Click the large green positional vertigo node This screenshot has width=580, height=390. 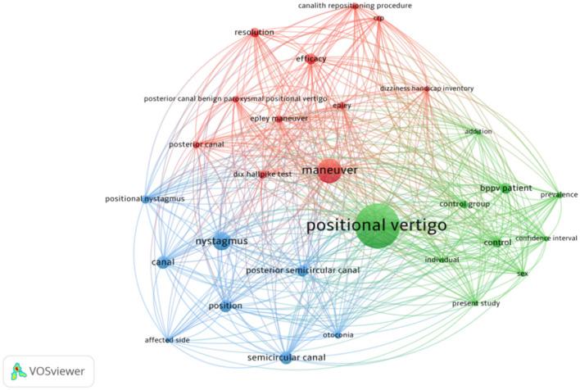[x=378, y=226]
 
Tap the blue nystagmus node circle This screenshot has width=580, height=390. [x=222, y=242]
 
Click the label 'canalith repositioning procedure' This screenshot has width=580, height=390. [x=355, y=7]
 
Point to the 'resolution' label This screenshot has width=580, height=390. [x=254, y=33]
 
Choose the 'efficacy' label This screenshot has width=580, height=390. [x=311, y=59]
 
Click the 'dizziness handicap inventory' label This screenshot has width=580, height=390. [x=426, y=88]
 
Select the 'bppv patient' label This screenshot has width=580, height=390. [x=505, y=188]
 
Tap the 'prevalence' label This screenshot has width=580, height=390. [x=559, y=195]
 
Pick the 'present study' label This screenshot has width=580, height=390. [x=476, y=303]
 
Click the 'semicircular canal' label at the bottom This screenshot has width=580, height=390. [x=286, y=358]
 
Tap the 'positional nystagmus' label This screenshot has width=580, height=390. [x=145, y=198]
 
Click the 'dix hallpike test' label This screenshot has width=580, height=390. [x=262, y=174]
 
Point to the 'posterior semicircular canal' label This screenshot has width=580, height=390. [x=302, y=270]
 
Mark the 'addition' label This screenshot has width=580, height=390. [x=478, y=131]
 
